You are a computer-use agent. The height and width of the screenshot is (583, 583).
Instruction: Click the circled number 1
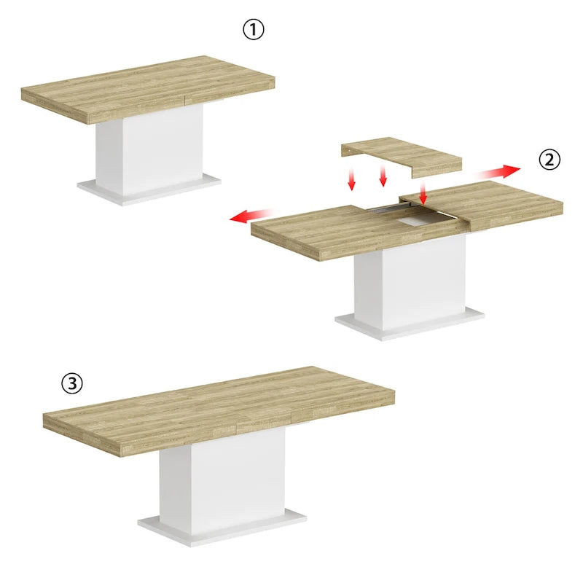coord(254,30)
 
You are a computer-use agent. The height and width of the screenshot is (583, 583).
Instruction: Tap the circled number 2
coord(550,159)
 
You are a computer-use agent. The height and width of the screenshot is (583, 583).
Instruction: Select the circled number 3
coord(71,383)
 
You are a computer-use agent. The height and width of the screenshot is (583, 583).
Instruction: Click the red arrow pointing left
coord(249,216)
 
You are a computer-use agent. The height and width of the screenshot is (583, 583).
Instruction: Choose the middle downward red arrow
coord(382,175)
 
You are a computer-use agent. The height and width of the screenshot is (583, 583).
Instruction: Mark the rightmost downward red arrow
coord(423,192)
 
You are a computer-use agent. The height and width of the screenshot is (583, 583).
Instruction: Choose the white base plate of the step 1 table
coord(149,188)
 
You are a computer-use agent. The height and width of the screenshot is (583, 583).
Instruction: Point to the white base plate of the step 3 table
coord(222,530)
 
